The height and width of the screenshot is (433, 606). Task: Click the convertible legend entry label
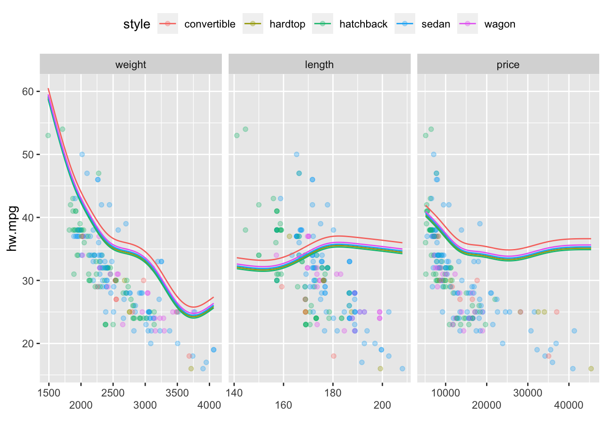pyautogui.click(x=210, y=24)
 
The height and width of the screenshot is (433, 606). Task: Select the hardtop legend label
pyautogui.click(x=287, y=24)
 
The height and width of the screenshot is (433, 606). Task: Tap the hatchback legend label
pyautogui.click(x=363, y=24)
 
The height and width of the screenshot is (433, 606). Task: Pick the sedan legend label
pyautogui.click(x=436, y=24)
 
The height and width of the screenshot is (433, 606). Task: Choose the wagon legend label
pyautogui.click(x=500, y=24)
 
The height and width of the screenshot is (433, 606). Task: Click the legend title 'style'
pyautogui.click(x=137, y=24)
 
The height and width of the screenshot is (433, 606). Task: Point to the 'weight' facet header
pyautogui.click(x=131, y=64)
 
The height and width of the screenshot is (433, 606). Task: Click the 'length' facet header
pyautogui.click(x=319, y=64)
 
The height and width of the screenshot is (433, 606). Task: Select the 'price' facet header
pyautogui.click(x=508, y=64)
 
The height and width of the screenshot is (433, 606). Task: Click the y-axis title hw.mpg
pyautogui.click(x=13, y=229)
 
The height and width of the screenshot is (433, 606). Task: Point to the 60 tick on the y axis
pyautogui.click(x=28, y=92)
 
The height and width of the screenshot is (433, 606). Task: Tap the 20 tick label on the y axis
pyautogui.click(x=28, y=344)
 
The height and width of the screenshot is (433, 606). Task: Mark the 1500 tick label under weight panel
pyautogui.click(x=49, y=393)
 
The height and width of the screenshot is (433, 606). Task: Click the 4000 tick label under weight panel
pyautogui.click(x=209, y=405)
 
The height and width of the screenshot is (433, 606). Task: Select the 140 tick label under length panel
pyautogui.click(x=234, y=393)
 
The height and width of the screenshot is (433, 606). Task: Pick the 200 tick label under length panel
pyautogui.click(x=382, y=405)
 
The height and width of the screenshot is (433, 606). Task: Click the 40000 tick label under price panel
pyautogui.click(x=569, y=405)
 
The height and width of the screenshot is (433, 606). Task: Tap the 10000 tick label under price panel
pyautogui.click(x=445, y=393)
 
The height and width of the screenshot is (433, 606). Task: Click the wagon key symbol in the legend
pyautogui.click(x=467, y=24)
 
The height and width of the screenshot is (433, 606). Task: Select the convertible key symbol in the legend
pyautogui.click(x=168, y=24)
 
